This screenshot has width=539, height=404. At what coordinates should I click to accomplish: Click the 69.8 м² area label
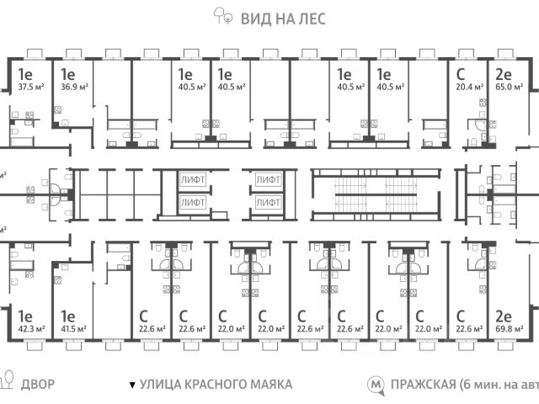(x=509, y=329)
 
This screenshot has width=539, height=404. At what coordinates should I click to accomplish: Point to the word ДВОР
(x=37, y=385)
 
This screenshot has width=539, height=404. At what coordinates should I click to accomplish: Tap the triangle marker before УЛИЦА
(x=131, y=385)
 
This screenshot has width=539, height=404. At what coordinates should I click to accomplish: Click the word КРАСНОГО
(x=214, y=385)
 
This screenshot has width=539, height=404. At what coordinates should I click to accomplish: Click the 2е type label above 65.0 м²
(x=503, y=72)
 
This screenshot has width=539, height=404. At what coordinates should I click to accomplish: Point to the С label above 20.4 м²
(x=461, y=72)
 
